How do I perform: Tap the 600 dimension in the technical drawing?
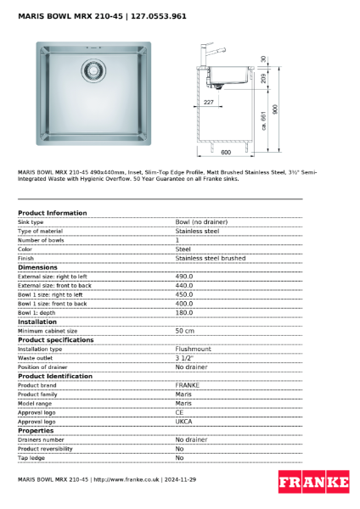pyautogui.click(x=226, y=152)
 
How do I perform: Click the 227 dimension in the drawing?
pyautogui.click(x=209, y=102)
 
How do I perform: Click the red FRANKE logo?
pyautogui.click(x=313, y=482)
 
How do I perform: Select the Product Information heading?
pyautogui.click(x=52, y=213)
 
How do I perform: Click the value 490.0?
pyautogui.click(x=184, y=276)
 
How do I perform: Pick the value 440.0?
pyautogui.click(x=184, y=285)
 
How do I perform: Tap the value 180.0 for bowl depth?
pyautogui.click(x=184, y=312)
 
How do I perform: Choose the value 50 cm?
pyautogui.click(x=184, y=331)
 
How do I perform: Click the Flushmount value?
pyautogui.click(x=193, y=349)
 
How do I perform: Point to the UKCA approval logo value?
pyautogui.click(x=183, y=421)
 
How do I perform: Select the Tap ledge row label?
pyautogui.click(x=32, y=457)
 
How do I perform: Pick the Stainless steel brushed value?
pyautogui.click(x=210, y=258)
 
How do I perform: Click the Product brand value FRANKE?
pyautogui.click(x=188, y=385)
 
